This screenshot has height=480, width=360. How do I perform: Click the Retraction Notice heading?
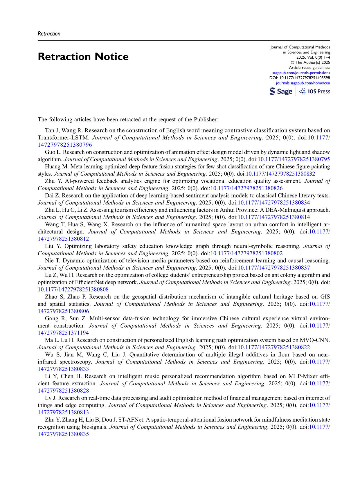[x=83, y=57]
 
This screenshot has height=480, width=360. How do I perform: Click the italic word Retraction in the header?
[x=49, y=34]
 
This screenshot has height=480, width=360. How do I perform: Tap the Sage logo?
[x=281, y=91]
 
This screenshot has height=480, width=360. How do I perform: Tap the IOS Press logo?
[x=315, y=91]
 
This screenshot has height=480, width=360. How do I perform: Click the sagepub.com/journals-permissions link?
[x=301, y=73]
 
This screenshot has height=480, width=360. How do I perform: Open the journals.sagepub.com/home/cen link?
[x=303, y=83]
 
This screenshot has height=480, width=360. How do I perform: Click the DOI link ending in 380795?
[x=294, y=159]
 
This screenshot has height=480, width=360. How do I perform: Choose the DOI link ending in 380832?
[x=280, y=174]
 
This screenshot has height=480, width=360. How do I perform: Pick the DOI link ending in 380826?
[x=246, y=188]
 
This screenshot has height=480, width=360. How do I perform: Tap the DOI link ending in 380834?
[x=273, y=203]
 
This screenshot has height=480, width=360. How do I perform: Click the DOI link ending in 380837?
[x=273, y=268]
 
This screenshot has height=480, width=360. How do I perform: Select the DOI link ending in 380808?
[x=73, y=290]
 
